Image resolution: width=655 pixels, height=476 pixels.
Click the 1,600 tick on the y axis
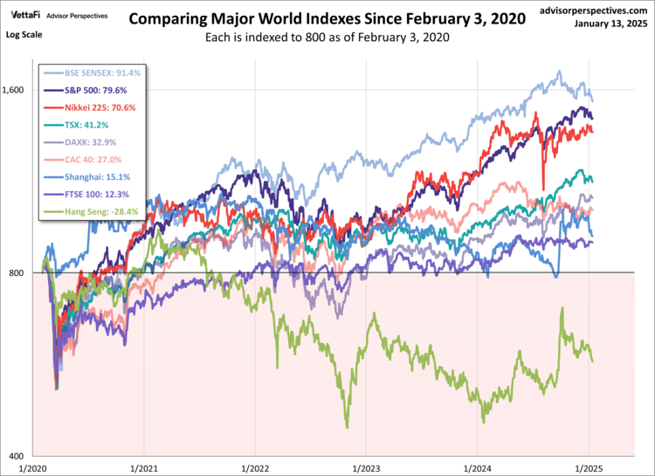(17, 90)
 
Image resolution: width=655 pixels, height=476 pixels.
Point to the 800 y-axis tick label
(22, 272)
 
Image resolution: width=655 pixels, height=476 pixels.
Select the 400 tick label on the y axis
(22, 456)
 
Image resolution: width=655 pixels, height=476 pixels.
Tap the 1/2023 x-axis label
(365, 468)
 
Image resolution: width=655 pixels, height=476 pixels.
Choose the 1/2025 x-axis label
(588, 468)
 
